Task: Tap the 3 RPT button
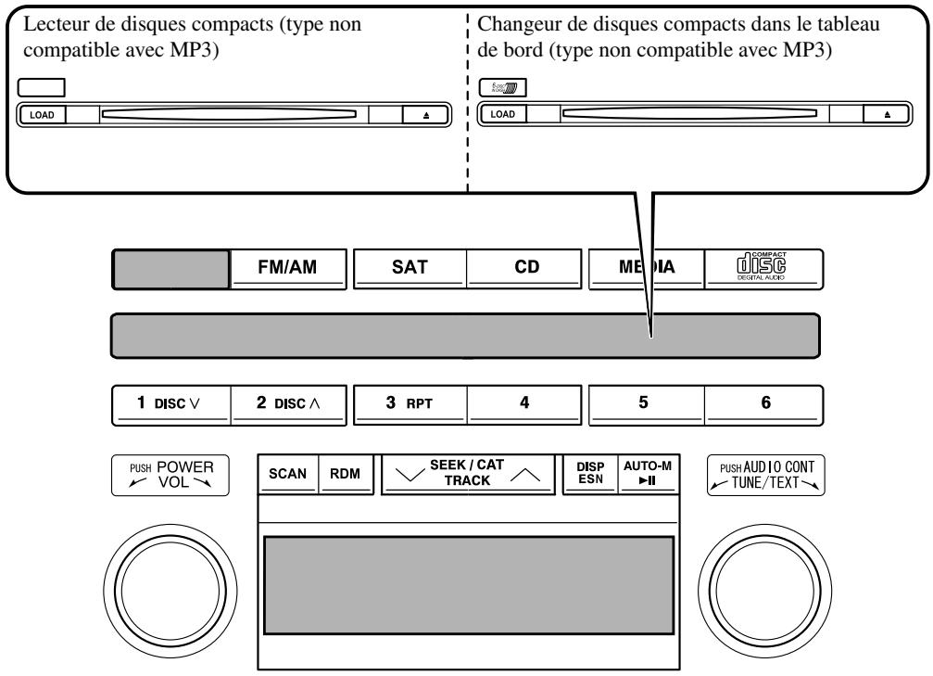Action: tap(410, 405)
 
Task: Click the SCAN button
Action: tap(284, 473)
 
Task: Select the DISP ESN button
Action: tap(590, 473)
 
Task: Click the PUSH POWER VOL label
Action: tap(170, 475)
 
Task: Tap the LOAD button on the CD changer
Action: tap(502, 114)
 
